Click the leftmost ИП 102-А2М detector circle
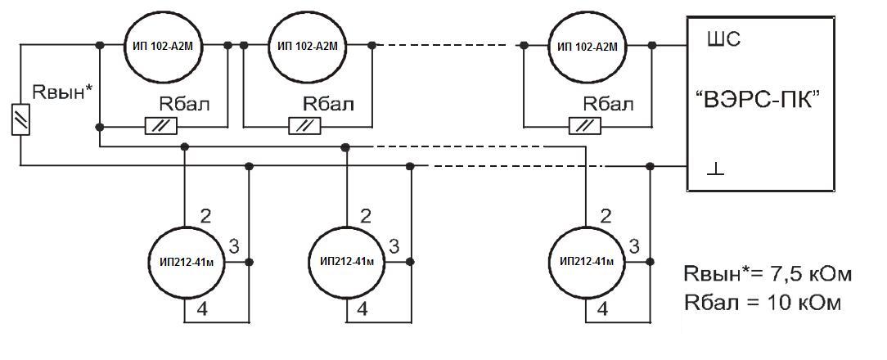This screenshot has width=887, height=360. (x=164, y=45)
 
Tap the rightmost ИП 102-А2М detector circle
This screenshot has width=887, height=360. (x=587, y=45)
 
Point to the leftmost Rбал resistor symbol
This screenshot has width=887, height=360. (x=162, y=126)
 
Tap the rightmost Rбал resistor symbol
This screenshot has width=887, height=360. (x=585, y=126)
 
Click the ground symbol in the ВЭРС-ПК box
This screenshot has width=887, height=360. (x=714, y=169)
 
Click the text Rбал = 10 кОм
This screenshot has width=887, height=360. (x=761, y=302)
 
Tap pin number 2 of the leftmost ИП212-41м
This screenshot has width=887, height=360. (x=205, y=216)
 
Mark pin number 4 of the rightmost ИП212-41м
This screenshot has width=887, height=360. (x=603, y=310)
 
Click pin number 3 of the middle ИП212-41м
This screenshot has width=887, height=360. (x=394, y=245)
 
